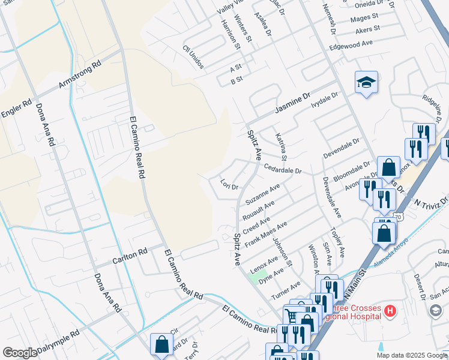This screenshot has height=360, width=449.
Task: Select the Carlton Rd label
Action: pos(130,257)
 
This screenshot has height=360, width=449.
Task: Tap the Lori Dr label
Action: pos(229,183)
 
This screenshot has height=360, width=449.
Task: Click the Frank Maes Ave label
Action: pos(265,235)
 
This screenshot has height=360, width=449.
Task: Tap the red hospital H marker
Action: pos(390,311)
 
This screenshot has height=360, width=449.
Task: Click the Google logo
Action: pos(20,353)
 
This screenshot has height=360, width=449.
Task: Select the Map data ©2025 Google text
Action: pos(412,355)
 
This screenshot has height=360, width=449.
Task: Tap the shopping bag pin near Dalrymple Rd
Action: pos(161,344)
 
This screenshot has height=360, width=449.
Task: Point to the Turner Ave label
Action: pos(285,291)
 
